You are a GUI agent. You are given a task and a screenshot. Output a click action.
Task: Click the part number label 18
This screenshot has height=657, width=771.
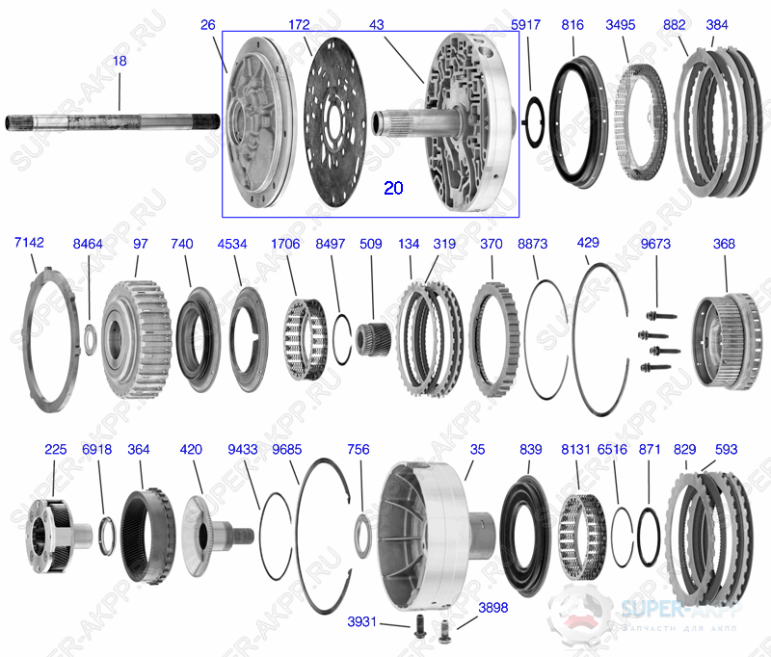(120, 61)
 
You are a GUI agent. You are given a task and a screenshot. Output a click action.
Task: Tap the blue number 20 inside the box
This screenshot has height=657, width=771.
(393, 188)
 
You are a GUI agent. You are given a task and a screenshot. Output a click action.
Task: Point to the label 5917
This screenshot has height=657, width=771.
(527, 26)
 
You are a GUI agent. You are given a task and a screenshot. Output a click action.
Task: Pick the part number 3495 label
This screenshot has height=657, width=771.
(620, 26)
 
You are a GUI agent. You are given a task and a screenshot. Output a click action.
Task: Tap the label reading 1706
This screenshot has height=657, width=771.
(285, 245)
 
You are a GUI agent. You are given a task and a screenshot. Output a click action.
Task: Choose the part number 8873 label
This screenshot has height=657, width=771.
(532, 245)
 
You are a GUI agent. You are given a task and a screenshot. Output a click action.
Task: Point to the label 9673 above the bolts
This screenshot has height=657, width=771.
(656, 245)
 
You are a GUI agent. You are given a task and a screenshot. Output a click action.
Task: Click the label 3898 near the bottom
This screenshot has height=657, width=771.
(493, 608)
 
